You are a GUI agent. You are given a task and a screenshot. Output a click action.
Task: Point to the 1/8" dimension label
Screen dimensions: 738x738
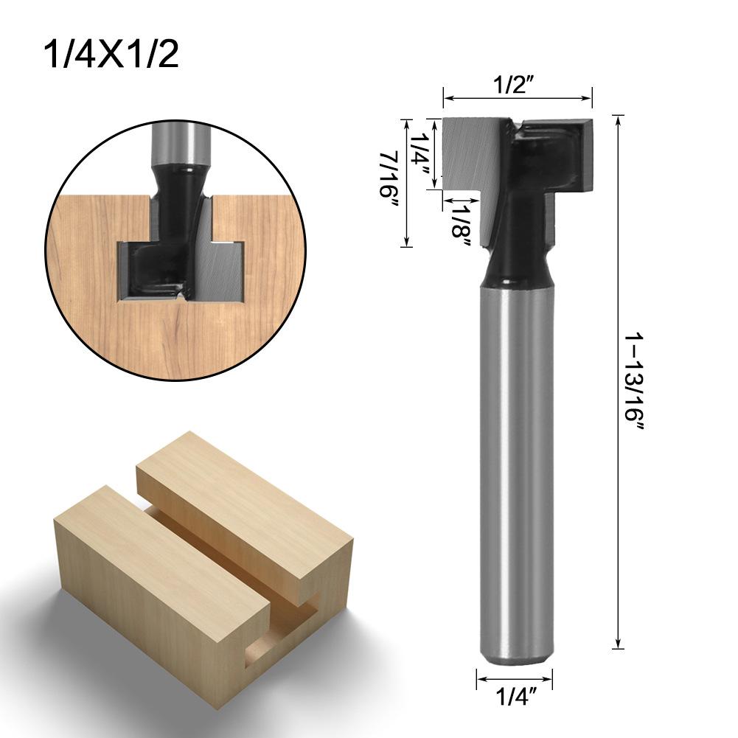coord(462,225)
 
